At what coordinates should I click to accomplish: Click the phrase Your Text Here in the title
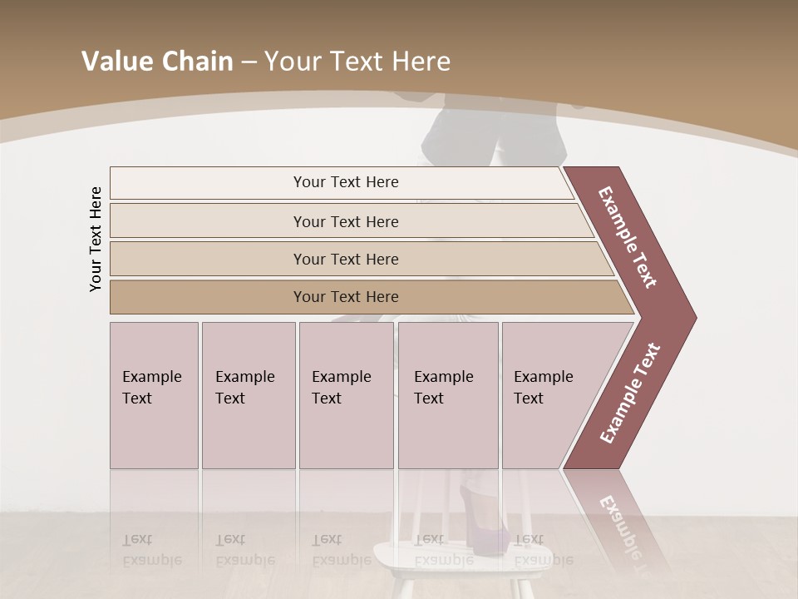pos(357,62)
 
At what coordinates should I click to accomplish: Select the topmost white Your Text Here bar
pos(345,182)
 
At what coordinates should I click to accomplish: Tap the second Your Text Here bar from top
pos(345,221)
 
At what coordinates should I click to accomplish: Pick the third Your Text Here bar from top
pos(345,259)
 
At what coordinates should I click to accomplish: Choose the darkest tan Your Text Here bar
pos(345,297)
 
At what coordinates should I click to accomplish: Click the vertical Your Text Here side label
pos(96,239)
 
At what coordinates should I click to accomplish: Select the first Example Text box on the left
pos(154,395)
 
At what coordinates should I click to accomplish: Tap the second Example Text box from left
pos(248,395)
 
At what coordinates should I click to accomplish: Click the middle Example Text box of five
pos(346,395)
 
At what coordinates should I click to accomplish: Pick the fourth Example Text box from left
pos(447,395)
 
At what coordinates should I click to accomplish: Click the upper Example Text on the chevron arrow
pos(628,237)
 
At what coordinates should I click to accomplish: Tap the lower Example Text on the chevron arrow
pos(629,394)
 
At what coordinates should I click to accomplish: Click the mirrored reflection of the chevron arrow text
pos(619,532)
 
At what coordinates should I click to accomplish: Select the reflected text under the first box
pos(151,550)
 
